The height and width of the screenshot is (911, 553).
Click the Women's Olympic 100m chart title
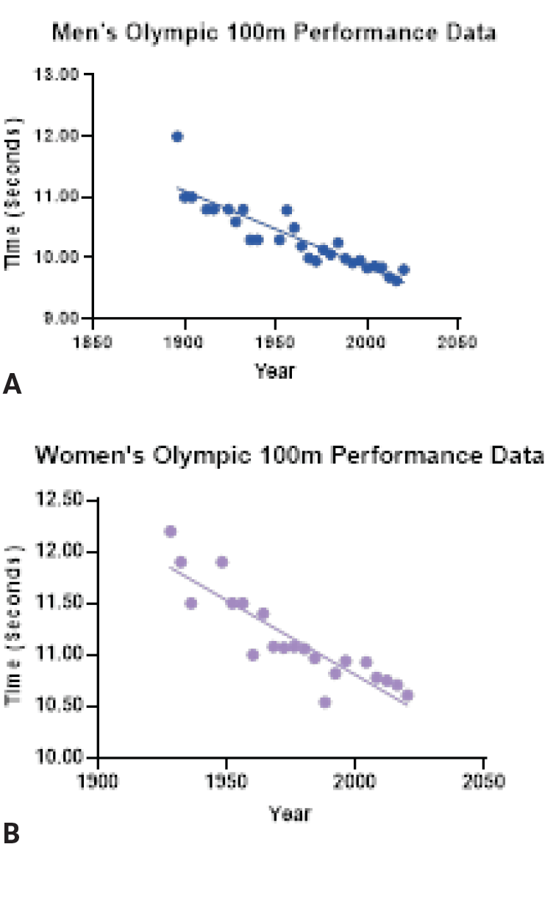point(290,455)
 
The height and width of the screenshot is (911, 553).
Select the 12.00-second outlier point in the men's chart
point(177,136)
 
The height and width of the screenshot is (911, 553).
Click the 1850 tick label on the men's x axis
point(94,342)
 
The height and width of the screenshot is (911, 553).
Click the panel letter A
point(13,384)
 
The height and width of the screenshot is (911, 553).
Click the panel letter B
point(12,833)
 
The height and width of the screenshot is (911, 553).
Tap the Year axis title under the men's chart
point(274,371)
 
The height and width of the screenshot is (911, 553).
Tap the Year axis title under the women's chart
point(290,813)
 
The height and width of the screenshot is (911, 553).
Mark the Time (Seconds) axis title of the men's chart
point(13,193)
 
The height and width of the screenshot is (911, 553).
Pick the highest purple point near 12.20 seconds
point(171,531)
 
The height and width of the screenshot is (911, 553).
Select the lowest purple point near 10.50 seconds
point(324,702)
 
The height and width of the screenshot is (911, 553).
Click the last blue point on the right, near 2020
point(403,270)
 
